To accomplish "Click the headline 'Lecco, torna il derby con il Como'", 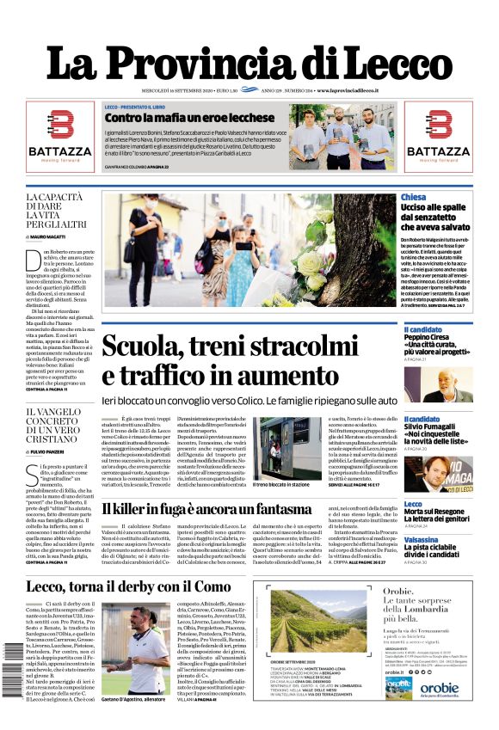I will click(129, 586).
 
